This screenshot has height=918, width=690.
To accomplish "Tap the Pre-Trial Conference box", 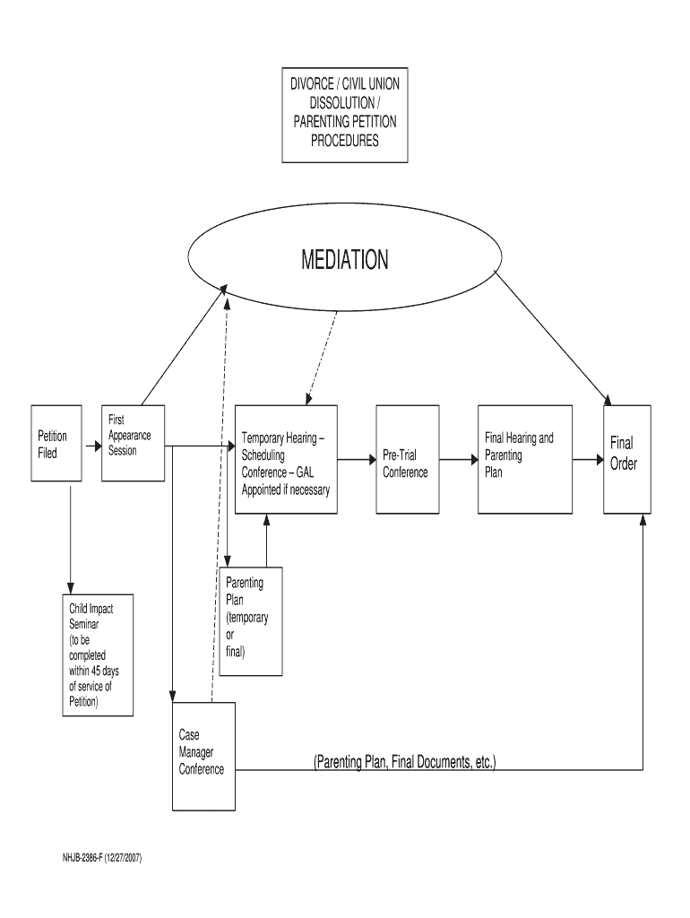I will (x=407, y=460).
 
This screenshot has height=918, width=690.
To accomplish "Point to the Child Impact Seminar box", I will (x=98, y=654).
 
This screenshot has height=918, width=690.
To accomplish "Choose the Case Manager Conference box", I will (x=203, y=755).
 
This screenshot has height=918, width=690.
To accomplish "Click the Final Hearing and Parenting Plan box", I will (x=524, y=459).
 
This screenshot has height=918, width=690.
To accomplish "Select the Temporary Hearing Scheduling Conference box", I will (x=286, y=459).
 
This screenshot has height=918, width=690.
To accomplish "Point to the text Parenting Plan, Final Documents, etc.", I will (x=404, y=762).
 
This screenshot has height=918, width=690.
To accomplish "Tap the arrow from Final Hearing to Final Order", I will (x=588, y=459).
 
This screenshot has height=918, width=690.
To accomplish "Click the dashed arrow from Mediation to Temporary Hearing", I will (x=323, y=354).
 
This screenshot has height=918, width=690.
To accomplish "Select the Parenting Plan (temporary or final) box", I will (x=251, y=619).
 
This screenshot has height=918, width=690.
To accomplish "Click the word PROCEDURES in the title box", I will (x=344, y=141).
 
